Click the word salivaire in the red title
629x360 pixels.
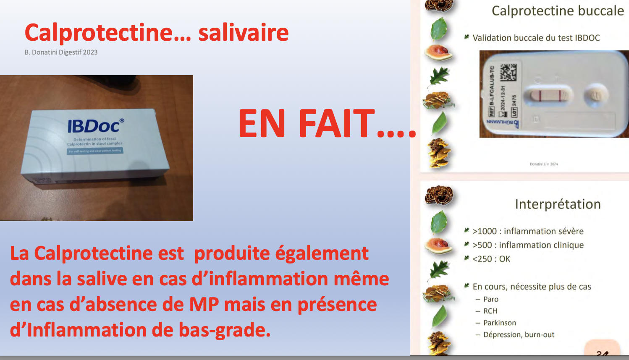coord(243,33)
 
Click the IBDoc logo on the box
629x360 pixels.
coord(96,125)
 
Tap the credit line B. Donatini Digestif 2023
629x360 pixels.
coord(61,52)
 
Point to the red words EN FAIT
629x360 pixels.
coord(307,124)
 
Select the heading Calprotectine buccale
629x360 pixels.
coord(558,11)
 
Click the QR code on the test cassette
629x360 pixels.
coord(508,73)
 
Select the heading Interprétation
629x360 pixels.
coord(558,204)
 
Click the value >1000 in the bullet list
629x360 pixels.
coord(485,231)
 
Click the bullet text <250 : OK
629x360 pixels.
coord(491,259)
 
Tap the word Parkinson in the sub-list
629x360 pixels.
coord(500,323)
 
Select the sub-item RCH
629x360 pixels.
coord(490,311)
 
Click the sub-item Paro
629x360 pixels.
coord(490,299)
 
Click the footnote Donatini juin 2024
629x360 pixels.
coord(544,164)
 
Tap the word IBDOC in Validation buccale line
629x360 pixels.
coord(587,38)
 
